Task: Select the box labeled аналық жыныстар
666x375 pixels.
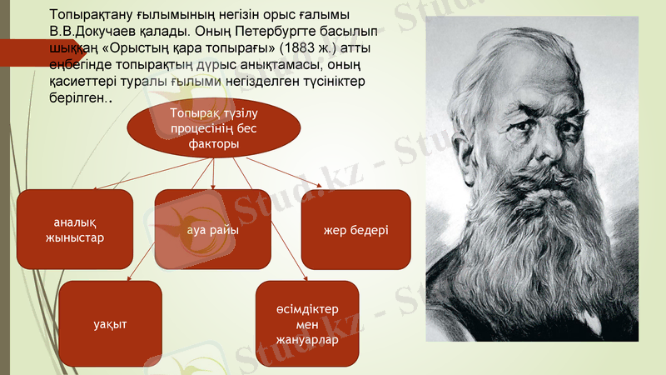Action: (74, 229)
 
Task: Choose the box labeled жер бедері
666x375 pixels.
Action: (355, 229)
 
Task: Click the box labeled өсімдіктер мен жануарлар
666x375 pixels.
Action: (307, 323)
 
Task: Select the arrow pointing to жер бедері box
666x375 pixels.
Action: (283, 172)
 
